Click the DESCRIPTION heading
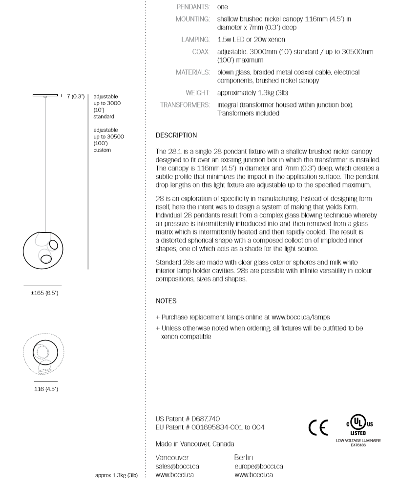click(x=176, y=135)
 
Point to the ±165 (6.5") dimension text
click(x=43, y=293)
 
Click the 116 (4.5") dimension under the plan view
click(x=45, y=388)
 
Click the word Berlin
click(x=243, y=457)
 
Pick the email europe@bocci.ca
click(x=259, y=466)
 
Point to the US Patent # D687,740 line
click(x=185, y=419)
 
